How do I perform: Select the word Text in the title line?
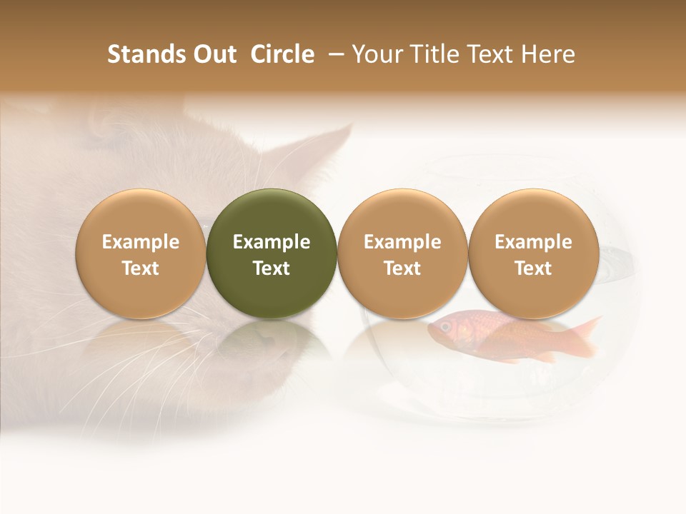487,54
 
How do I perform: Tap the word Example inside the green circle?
272,242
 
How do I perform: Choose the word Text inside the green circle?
272,268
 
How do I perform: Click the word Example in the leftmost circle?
140,242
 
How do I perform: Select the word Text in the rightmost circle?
533,268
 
